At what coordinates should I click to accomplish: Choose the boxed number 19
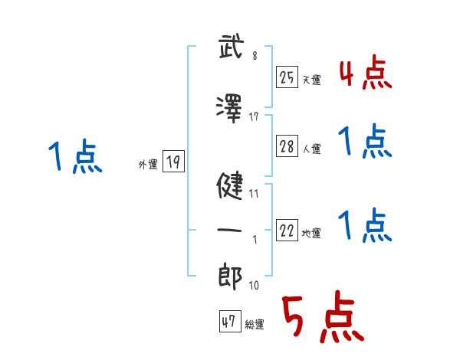click(173, 162)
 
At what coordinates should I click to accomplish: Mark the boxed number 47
click(228, 322)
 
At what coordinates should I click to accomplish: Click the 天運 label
click(312, 80)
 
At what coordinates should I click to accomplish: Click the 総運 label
click(255, 325)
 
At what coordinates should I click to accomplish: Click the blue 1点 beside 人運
click(365, 142)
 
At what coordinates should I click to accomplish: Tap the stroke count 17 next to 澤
click(254, 116)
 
